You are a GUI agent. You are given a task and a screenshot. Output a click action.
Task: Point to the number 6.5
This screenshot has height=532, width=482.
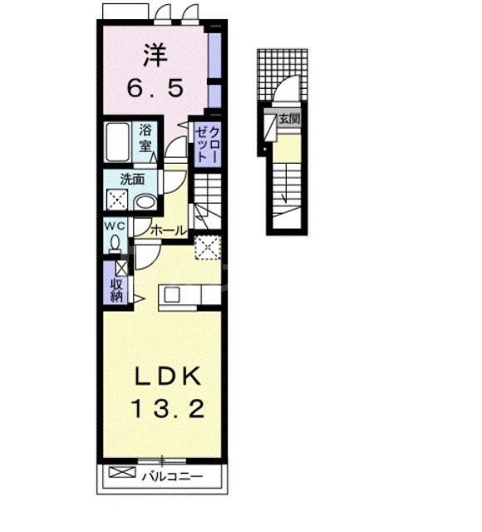pyautogui.click(x=155, y=87)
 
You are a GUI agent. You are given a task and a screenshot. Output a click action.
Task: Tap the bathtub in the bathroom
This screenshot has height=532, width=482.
pyautogui.click(x=118, y=142)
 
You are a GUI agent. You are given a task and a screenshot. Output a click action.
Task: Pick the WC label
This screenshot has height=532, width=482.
pyautogui.click(x=114, y=226)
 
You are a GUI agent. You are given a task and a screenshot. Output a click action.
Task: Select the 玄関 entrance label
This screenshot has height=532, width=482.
pyautogui.click(x=288, y=119)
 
